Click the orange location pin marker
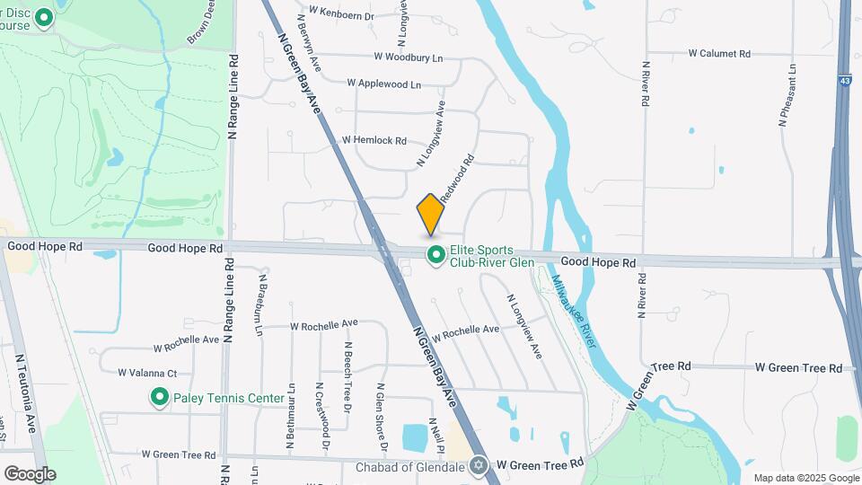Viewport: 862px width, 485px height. (x=431, y=215)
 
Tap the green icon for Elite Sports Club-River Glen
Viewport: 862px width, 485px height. (x=436, y=256)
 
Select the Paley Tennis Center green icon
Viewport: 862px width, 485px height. (x=160, y=396)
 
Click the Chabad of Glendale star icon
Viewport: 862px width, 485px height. (x=479, y=464)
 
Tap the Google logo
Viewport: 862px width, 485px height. (x=30, y=473)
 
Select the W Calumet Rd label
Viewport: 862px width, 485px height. (x=719, y=54)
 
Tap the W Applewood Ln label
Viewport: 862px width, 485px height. (x=383, y=84)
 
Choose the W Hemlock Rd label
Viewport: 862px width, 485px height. (x=374, y=141)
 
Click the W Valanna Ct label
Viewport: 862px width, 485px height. (x=147, y=373)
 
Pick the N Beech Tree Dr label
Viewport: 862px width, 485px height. (x=347, y=372)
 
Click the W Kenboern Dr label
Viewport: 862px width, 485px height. (x=340, y=11)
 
